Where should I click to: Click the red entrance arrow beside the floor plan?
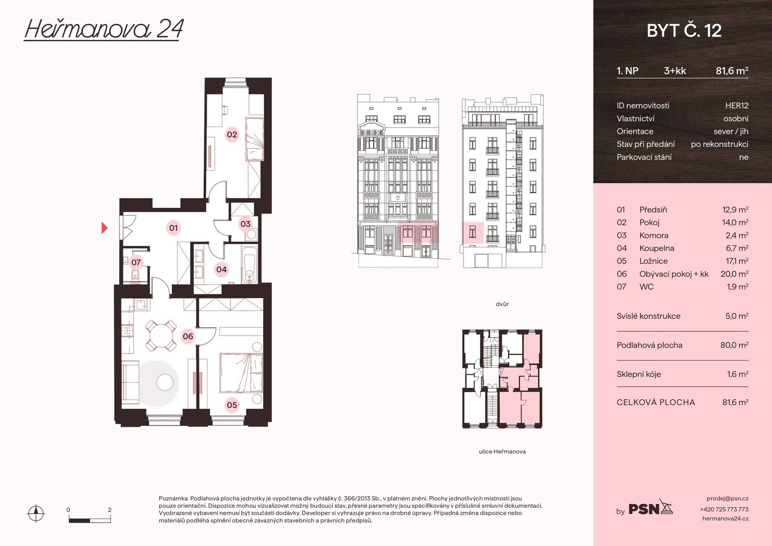tap(105, 228)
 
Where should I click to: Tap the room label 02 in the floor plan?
tap(232, 134)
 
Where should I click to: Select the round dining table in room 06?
tap(160, 335)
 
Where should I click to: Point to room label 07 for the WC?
tap(136, 263)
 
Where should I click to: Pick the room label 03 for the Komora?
tap(245, 224)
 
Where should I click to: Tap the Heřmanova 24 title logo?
tap(104, 29)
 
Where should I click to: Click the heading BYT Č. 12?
tap(684, 31)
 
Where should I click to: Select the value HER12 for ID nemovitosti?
tap(737, 106)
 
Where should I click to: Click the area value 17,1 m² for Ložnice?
tap(737, 261)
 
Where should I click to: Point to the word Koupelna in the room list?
tap(657, 248)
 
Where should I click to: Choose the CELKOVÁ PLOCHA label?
tap(655, 402)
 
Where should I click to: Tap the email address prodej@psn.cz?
tap(727, 499)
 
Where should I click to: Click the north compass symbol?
tap(36, 513)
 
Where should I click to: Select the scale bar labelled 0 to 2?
tap(89, 520)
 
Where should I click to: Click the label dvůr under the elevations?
tap(502, 304)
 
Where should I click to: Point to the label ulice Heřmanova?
tap(502, 452)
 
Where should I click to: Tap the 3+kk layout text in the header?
tap(675, 71)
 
